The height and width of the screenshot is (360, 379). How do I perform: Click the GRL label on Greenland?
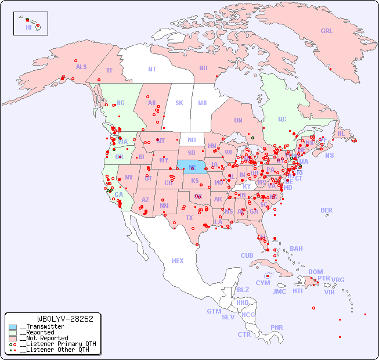click(x=327, y=31)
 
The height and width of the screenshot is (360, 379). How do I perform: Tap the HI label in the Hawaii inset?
click(x=28, y=27)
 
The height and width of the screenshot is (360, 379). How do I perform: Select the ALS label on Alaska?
click(x=81, y=67)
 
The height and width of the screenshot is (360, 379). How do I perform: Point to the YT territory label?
click(x=109, y=70)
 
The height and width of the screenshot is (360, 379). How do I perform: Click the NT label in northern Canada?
click(x=152, y=69)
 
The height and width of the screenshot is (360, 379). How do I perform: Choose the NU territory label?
click(x=203, y=68)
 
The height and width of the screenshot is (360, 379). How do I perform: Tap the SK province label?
click(x=179, y=103)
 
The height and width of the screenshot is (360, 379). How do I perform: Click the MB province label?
click(x=202, y=103)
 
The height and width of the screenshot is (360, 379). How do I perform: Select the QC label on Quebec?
click(x=282, y=119)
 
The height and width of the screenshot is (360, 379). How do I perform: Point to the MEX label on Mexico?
click(x=178, y=261)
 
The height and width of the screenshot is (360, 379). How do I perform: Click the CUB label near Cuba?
click(x=247, y=255)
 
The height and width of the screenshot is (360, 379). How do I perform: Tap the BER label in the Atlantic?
click(x=327, y=210)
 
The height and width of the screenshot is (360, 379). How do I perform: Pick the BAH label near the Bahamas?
click(x=296, y=249)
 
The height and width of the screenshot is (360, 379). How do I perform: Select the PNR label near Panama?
click(x=277, y=327)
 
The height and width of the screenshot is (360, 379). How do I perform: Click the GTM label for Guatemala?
click(x=214, y=311)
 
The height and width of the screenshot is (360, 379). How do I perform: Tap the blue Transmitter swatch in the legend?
click(x=13, y=327)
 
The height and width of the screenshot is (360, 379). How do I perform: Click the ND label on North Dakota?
click(x=192, y=140)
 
